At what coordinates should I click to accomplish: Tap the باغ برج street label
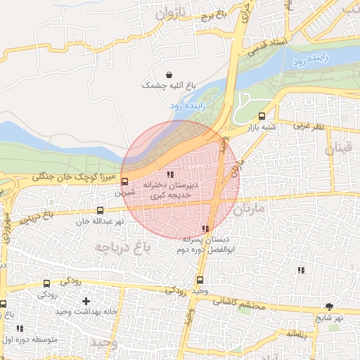click(213, 15)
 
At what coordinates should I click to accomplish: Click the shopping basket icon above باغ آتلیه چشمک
click(169, 75)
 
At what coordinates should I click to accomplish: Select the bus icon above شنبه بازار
click(262, 117)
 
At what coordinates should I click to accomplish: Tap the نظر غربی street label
click(309, 125)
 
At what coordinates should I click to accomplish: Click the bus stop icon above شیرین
click(125, 181)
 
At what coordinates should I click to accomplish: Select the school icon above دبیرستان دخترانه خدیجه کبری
click(170, 174)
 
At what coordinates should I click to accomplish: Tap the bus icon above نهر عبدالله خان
click(100, 210)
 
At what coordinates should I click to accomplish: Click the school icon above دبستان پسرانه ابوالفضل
click(205, 229)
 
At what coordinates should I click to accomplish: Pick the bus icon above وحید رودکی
click(200, 281)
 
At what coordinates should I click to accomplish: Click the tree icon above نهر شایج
click(329, 306)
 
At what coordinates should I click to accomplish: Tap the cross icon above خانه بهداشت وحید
click(86, 301)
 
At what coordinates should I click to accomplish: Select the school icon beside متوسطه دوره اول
click(20, 328)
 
